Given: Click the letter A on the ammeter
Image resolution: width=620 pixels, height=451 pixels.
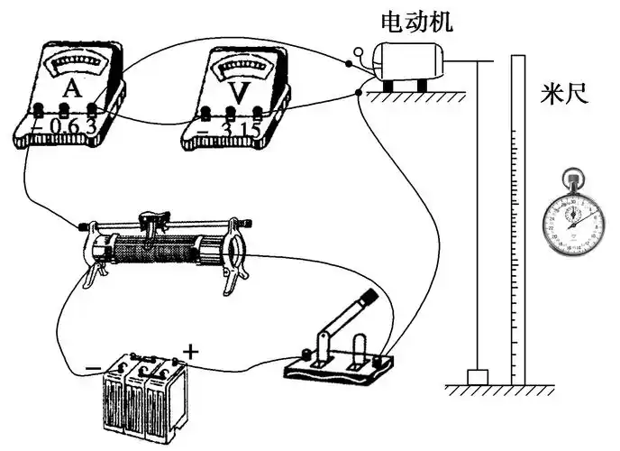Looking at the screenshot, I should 69,88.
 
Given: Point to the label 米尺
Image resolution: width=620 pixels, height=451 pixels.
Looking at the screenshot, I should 564,93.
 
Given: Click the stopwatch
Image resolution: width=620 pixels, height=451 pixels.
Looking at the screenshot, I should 570,217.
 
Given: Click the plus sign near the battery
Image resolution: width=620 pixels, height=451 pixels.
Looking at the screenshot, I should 189,348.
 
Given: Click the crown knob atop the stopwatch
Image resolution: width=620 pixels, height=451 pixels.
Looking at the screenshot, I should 570,174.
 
